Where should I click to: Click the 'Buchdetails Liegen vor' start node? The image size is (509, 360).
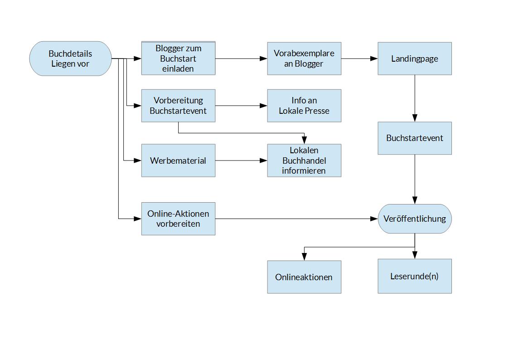click(x=70, y=58)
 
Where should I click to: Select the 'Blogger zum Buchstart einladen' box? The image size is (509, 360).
click(x=178, y=58)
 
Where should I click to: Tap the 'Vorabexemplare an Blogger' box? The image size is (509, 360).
click(x=304, y=58)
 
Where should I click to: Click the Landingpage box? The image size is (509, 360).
click(x=414, y=58)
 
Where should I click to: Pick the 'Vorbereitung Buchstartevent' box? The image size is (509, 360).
click(x=178, y=106)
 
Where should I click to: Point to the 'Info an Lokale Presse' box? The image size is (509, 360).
click(x=304, y=106)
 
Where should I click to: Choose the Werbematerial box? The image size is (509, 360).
click(x=178, y=161)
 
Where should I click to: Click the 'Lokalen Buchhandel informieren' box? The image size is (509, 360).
click(x=304, y=161)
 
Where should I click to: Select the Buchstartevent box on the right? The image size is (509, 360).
click(x=414, y=138)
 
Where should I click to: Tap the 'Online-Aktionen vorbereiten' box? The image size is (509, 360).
click(x=178, y=219)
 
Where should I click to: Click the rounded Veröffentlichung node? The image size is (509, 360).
click(x=414, y=219)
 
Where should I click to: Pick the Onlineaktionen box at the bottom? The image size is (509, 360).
click(x=304, y=277)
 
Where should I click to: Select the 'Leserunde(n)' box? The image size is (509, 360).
click(x=414, y=276)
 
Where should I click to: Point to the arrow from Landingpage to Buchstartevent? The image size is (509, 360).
click(x=414, y=98)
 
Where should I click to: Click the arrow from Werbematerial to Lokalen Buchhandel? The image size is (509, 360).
click(x=240, y=161)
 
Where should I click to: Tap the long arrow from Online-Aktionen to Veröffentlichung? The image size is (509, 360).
click(x=295, y=219)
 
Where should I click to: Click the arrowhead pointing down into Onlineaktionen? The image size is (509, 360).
click(x=304, y=257)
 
